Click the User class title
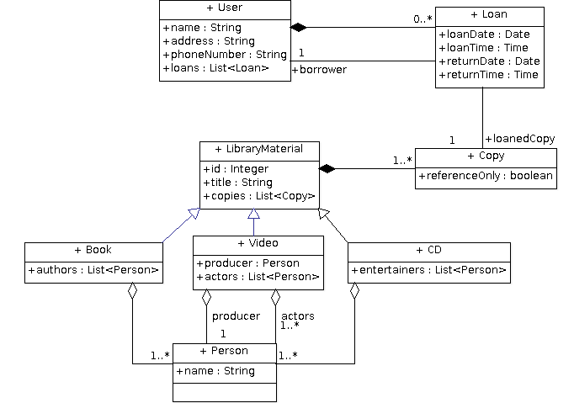pos(225,8)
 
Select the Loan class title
pos(489,14)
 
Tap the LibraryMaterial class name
pos(259,150)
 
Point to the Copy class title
pos(486,156)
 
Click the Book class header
pos(93,250)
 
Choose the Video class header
pos(258,243)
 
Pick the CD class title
pos(428,250)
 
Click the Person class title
pos(224,351)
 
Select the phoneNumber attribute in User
pos(225,55)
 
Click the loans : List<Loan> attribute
pos(216,68)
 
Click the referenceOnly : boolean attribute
pos(486,176)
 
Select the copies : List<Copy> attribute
pos(259,196)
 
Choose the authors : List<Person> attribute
pos(93,270)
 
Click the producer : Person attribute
pos(247,263)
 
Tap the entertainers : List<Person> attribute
pos(428,270)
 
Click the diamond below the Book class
pos(132,291)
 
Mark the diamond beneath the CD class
pos(354,290)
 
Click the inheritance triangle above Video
pos(253,214)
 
